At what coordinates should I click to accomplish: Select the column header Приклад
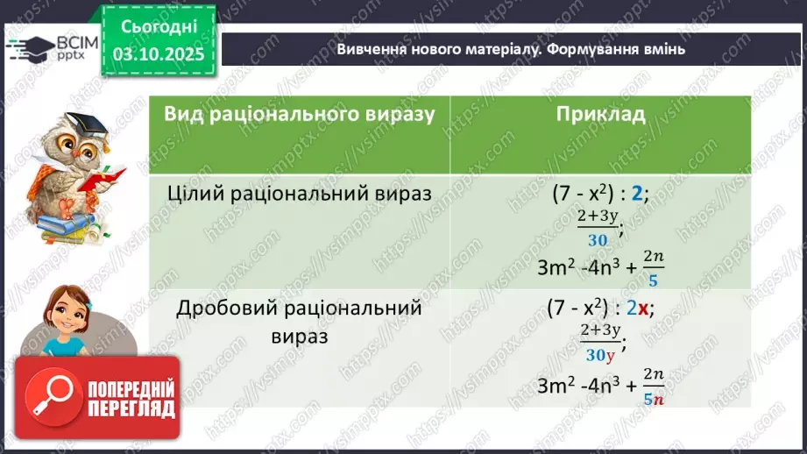[x=600, y=115]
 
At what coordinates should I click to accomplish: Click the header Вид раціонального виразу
[x=300, y=115]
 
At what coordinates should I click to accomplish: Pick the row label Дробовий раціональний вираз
[x=300, y=322]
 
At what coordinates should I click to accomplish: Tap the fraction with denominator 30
[x=600, y=230]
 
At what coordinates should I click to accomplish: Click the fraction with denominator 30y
[x=600, y=344]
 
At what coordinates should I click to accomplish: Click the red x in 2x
[x=643, y=309]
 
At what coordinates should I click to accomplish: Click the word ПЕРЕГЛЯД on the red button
[x=131, y=408]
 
